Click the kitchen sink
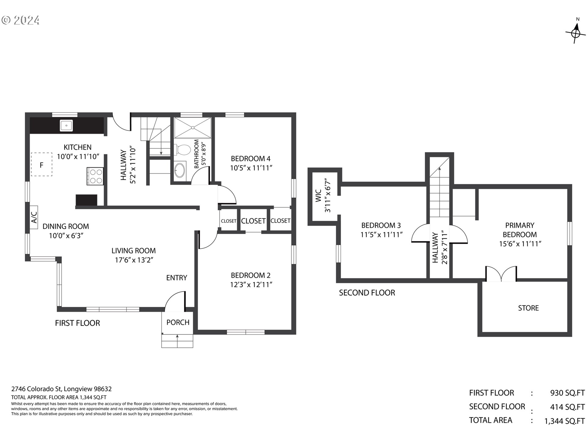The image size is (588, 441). coord(66,126)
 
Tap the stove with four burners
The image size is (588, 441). coord(95,176)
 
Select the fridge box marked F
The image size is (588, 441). coord(41,164)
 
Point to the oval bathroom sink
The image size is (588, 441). coord(180,170)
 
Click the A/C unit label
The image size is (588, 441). coord(34,217)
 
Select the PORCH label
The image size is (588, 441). coord(178,322)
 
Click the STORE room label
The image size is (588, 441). coord(528,308)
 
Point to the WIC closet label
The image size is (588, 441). coord(318,196)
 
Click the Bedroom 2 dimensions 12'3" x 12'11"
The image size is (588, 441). coord(251,285)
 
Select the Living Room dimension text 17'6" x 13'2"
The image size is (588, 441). coord(134,260)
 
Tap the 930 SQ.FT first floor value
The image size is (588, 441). coord(567,393)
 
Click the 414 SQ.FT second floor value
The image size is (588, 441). coord(567,407)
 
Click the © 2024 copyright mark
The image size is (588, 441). coord(21,20)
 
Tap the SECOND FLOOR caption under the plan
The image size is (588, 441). coord(367,293)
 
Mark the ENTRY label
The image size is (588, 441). coord(177,278)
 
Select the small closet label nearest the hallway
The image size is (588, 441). coord(228,221)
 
